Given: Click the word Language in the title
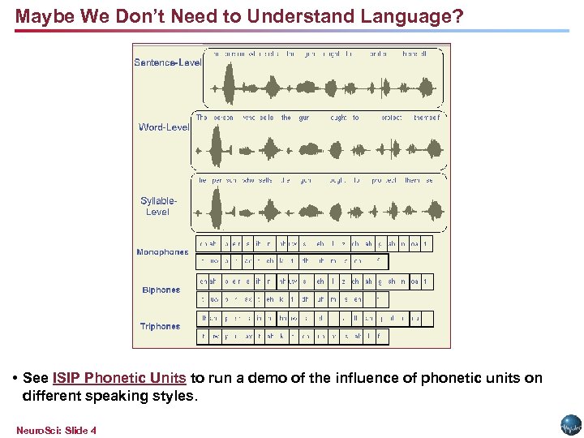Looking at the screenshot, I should [x=411, y=16].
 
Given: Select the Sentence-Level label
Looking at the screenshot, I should [x=167, y=62].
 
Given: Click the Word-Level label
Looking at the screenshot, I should [x=165, y=127].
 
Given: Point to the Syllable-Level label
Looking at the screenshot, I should [x=158, y=206].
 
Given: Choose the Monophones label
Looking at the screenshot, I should [x=162, y=252].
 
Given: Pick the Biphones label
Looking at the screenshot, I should [x=161, y=290].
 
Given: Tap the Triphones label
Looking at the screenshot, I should [x=161, y=326].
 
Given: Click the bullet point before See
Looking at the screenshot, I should [x=16, y=379].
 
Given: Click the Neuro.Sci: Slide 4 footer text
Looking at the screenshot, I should [x=56, y=430].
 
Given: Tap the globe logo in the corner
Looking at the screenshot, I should [x=570, y=425].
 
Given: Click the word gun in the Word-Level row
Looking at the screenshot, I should [x=304, y=118].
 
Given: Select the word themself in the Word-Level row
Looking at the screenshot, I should [x=427, y=118].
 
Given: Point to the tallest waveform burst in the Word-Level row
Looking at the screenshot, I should [x=217, y=148].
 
